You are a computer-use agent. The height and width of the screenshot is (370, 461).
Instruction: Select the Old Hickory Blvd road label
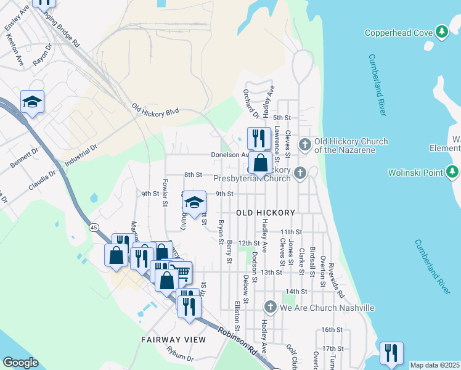point(155,109)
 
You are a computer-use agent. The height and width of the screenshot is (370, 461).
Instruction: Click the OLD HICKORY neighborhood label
point(266,213)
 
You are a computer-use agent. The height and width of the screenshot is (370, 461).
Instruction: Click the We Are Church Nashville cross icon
point(270,307)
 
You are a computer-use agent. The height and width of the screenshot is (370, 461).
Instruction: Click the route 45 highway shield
point(93,228)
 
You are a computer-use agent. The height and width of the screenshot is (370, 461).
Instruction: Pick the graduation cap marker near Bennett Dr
point(32,102)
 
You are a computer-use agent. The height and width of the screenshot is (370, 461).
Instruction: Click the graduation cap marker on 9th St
point(194,202)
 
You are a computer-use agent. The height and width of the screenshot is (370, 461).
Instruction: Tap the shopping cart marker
point(181,272)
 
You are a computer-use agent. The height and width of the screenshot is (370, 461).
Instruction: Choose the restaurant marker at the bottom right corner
point(391,353)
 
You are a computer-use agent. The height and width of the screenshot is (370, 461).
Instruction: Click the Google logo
point(20,363)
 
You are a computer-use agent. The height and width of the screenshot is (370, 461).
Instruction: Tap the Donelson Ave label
point(229,155)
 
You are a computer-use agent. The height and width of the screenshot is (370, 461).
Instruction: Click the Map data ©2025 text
point(434,365)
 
